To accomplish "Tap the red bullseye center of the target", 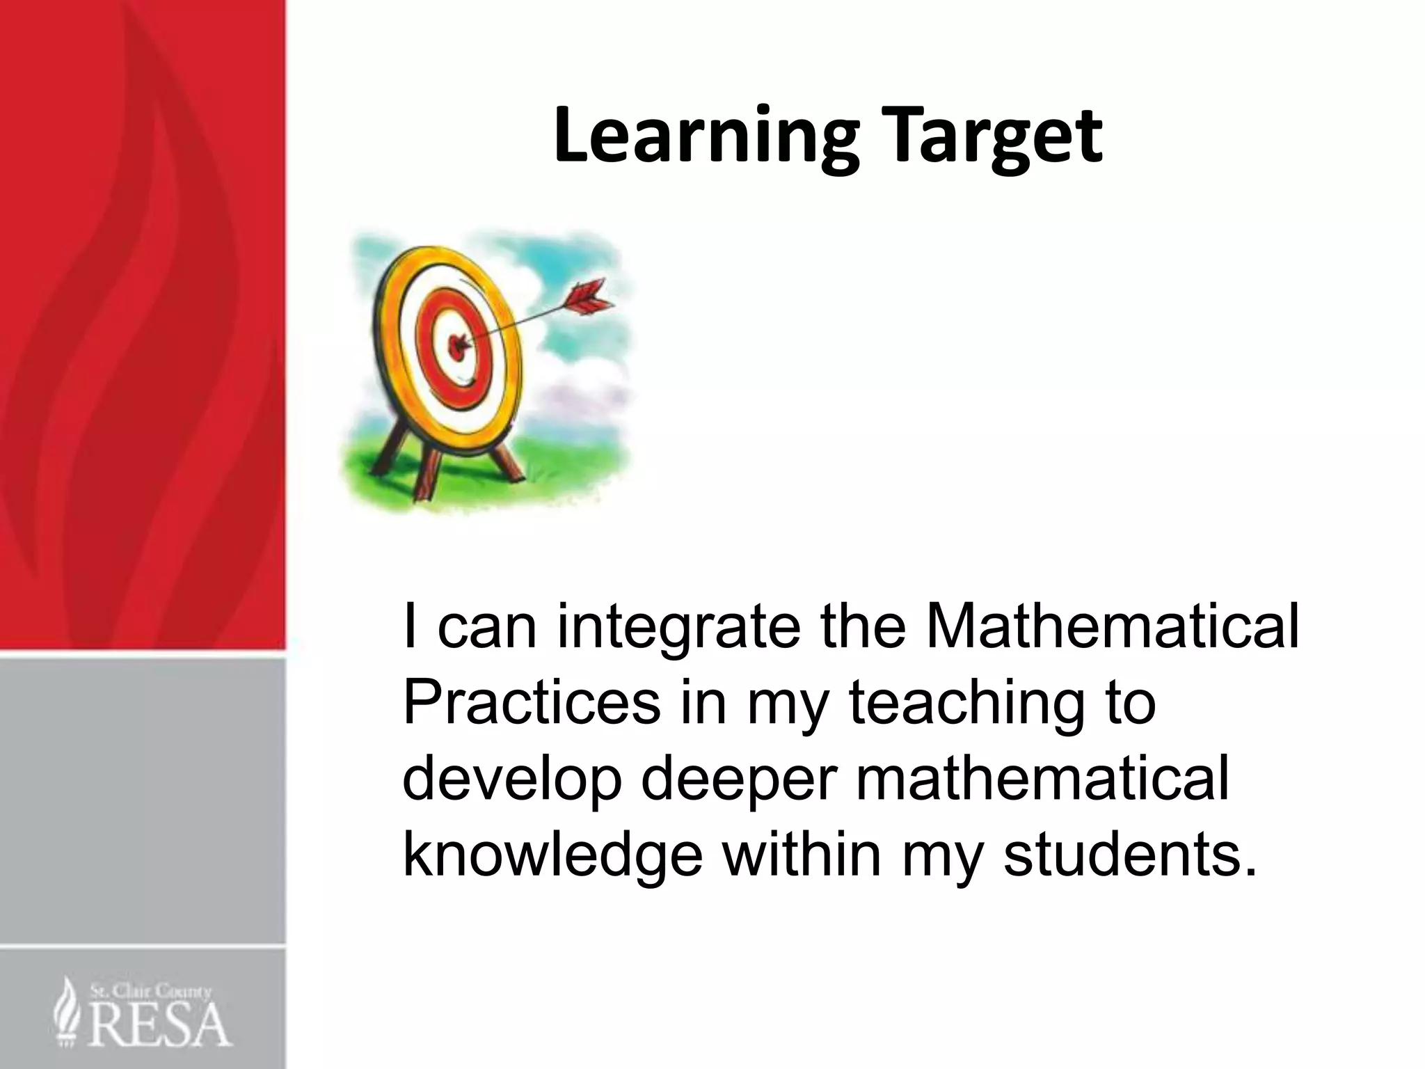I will pyautogui.click(x=457, y=342).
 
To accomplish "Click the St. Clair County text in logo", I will pyautogui.click(x=150, y=992).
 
